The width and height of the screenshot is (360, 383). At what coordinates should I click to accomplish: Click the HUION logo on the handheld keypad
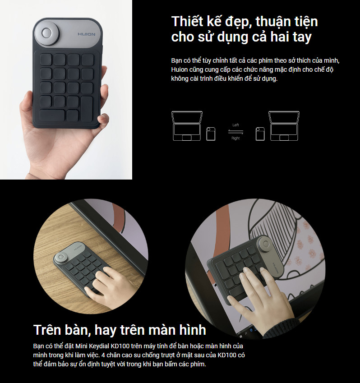[x=87, y=34]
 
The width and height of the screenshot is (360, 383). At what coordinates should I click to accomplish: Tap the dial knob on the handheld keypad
[x=46, y=33]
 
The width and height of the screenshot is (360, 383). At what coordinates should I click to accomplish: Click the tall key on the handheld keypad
[x=87, y=109]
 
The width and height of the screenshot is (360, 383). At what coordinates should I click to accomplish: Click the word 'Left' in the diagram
[x=235, y=125]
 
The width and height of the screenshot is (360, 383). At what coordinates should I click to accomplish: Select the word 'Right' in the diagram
[x=235, y=138]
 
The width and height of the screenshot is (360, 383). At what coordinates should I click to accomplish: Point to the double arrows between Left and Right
[x=235, y=132]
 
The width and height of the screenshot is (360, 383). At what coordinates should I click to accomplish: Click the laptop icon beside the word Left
[x=187, y=126]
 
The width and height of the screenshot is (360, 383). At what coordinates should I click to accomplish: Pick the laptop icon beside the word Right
[x=284, y=126]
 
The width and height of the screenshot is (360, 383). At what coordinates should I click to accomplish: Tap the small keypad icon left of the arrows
[x=211, y=134]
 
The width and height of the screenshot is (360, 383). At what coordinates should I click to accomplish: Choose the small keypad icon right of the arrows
[x=260, y=134]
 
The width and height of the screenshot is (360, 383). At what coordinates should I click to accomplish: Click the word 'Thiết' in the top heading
[x=187, y=21]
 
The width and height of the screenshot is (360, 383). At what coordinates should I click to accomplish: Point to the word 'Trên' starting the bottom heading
[x=47, y=330]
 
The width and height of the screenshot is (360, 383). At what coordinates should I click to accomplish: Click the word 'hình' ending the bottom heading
[x=193, y=330]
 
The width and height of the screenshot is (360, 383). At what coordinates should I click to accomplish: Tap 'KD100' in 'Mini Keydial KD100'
[x=119, y=346]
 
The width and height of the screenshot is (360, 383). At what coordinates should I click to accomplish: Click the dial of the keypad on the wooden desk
[x=60, y=258]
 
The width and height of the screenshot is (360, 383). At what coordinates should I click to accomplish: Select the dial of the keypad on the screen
[x=266, y=245]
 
